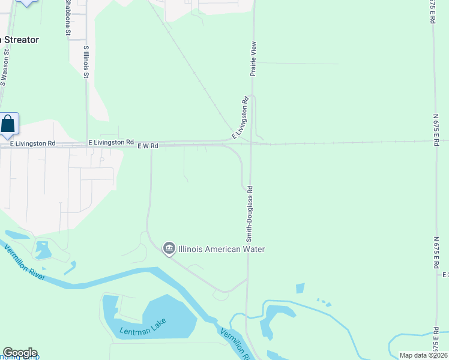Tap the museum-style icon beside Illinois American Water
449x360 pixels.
(169, 248)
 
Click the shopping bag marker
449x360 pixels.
(8, 124)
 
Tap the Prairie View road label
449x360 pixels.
(253, 58)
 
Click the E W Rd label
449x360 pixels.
(148, 146)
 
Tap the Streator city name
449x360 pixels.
(20, 40)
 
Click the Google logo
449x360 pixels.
(20, 353)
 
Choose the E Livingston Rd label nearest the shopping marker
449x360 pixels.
(33, 143)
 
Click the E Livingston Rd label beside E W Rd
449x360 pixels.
(111, 142)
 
